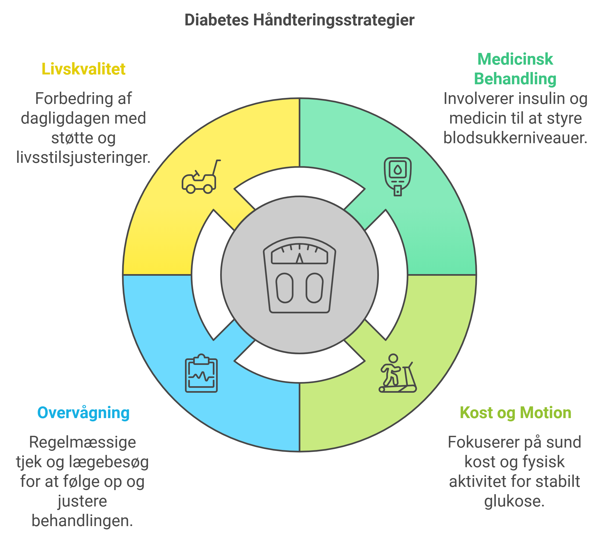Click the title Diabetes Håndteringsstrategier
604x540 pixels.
point(299,20)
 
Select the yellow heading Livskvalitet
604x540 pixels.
point(83,69)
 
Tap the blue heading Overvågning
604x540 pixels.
point(83,413)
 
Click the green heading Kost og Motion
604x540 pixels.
point(516,413)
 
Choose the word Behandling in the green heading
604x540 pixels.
point(515,79)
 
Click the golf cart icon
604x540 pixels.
point(201,176)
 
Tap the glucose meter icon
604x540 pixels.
point(398,176)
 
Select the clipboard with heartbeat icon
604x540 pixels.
point(201,373)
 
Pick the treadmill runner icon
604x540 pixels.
point(398,373)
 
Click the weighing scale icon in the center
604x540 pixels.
point(300,275)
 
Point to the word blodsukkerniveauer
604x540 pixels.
point(515,138)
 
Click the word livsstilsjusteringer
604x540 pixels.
point(83,158)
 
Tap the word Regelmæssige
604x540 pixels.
point(82,442)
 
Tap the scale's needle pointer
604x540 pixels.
point(300,258)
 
